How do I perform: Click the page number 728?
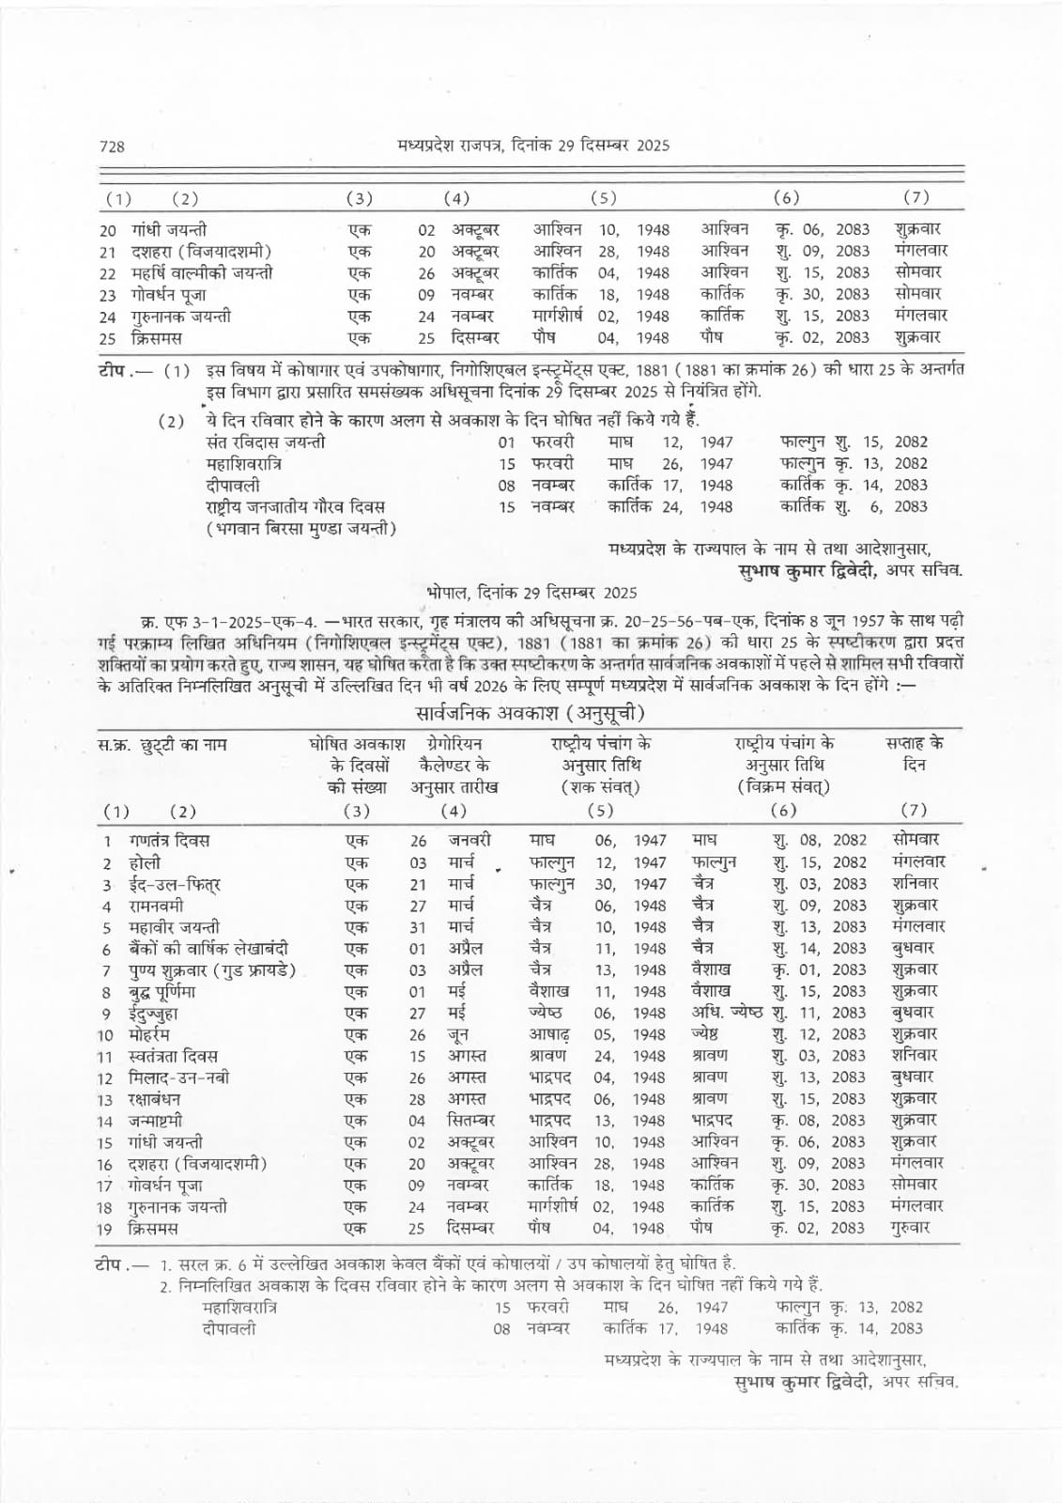click(112, 146)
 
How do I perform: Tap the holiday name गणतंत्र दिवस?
click(169, 841)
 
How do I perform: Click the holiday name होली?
click(145, 862)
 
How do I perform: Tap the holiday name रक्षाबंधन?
click(155, 1100)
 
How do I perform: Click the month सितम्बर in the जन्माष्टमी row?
click(470, 1122)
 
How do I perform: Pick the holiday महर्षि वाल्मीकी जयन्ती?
click(202, 273)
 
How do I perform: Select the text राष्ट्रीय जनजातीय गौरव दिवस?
click(295, 507)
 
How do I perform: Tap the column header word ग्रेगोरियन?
click(454, 744)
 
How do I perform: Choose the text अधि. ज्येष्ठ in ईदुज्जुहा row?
click(727, 1014)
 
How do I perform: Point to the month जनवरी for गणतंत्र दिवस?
click(469, 841)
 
